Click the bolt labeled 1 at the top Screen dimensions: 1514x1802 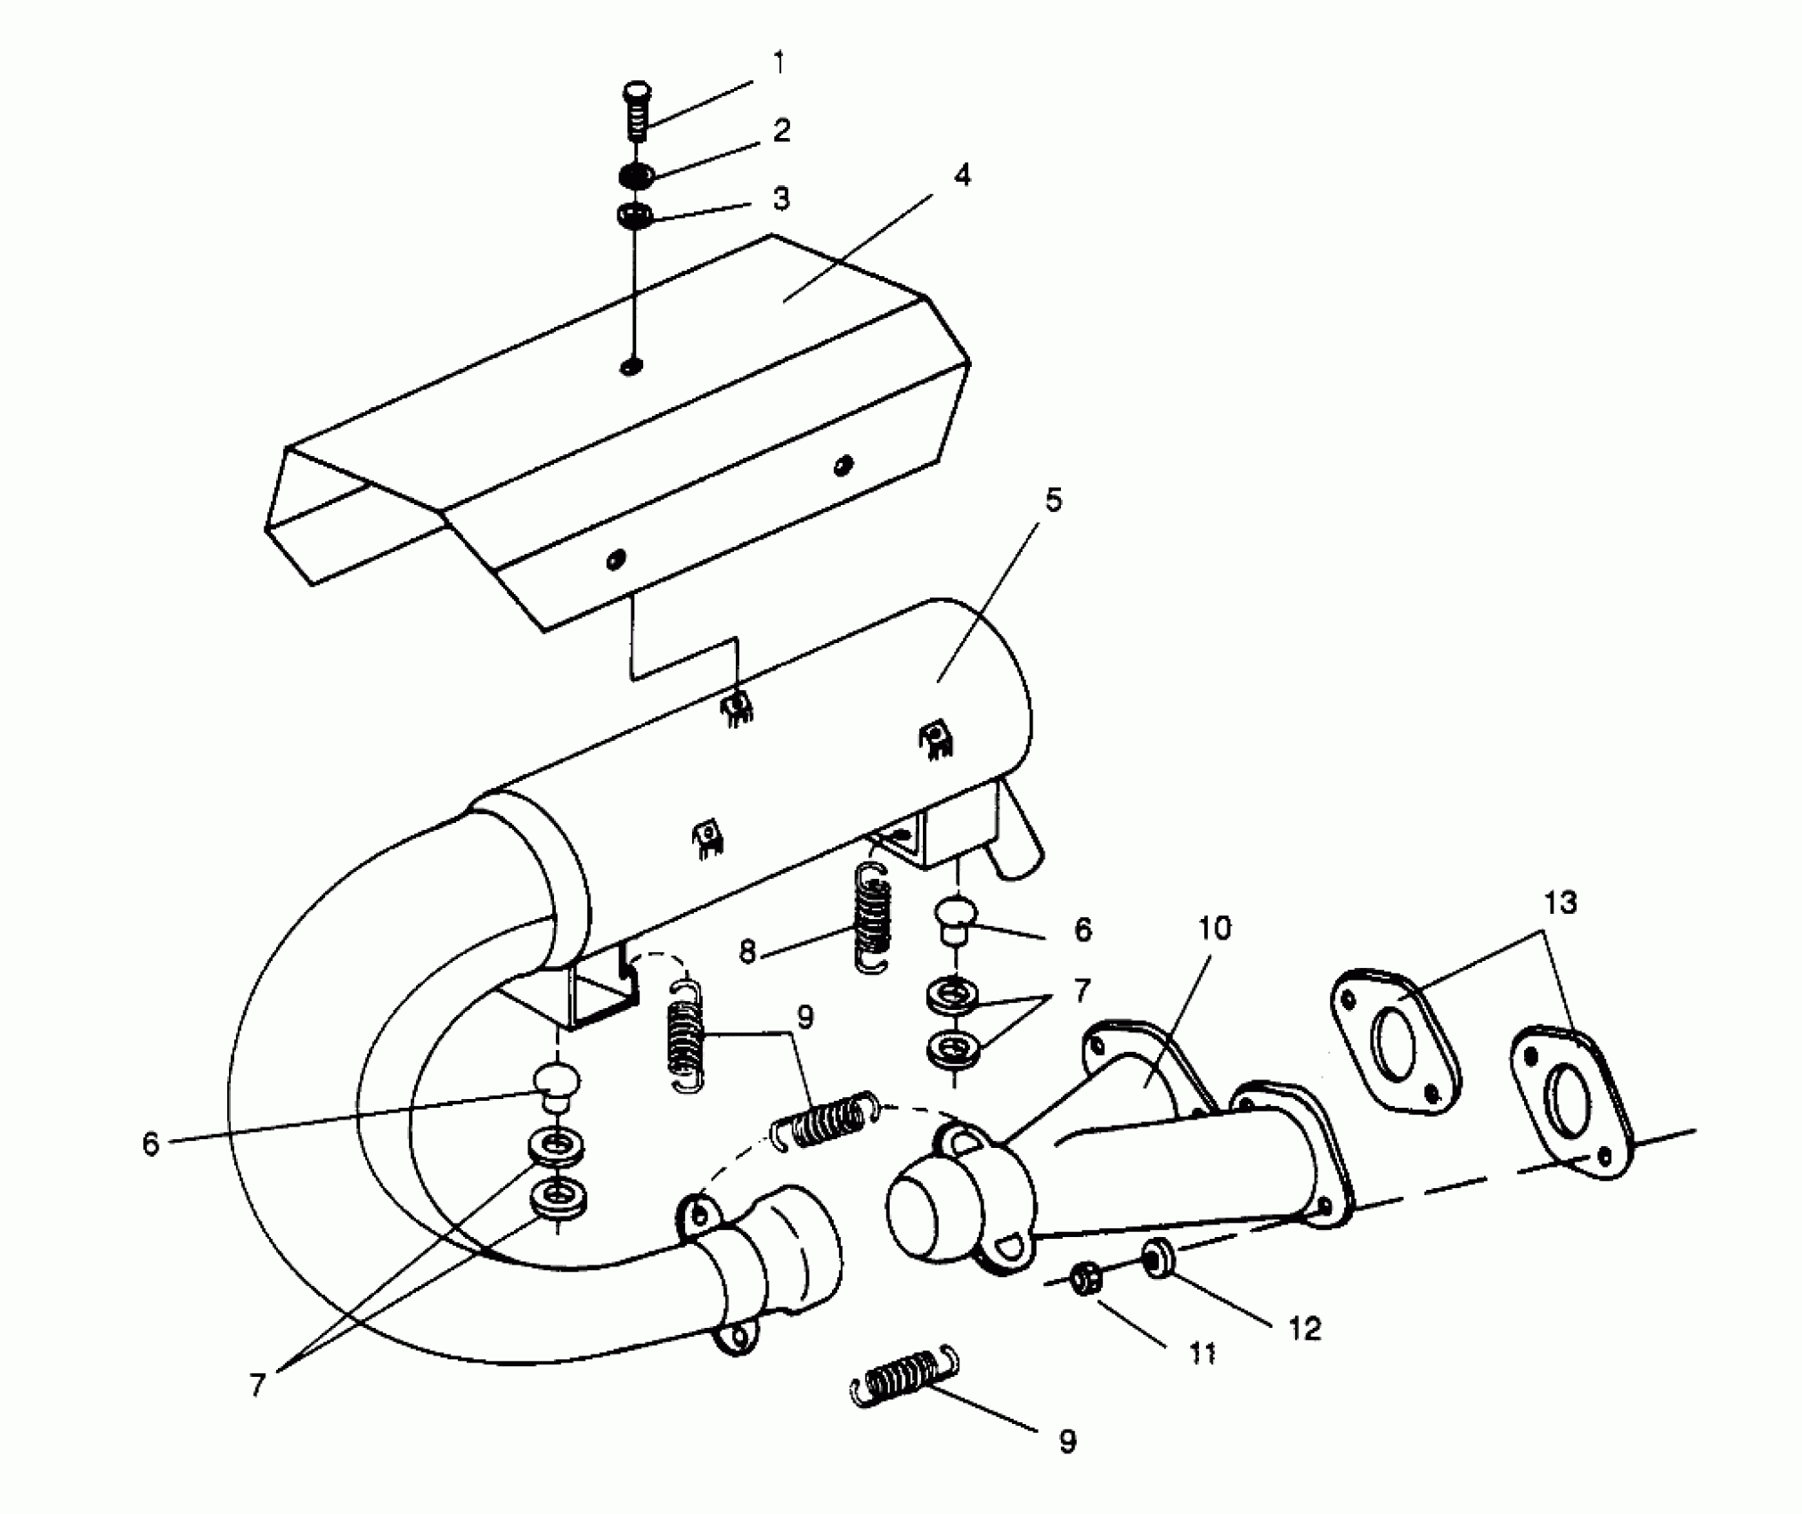pyautogui.click(x=635, y=110)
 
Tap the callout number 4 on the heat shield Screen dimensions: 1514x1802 pyautogui.click(x=961, y=175)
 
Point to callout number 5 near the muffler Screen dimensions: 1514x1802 pyautogui.click(x=1053, y=501)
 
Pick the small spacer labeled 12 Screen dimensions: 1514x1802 pyautogui.click(x=1156, y=1258)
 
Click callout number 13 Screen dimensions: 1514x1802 pyautogui.click(x=1561, y=903)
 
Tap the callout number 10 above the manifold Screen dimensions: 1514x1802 pyautogui.click(x=1215, y=928)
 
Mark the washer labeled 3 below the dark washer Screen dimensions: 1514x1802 pyautogui.click(x=634, y=216)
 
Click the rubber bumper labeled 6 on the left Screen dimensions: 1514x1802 pyautogui.click(x=556, y=1085)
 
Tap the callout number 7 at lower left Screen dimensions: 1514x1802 pyautogui.click(x=257, y=1385)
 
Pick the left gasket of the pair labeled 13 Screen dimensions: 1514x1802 pyautogui.click(x=1394, y=1039)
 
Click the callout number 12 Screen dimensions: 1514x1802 pyautogui.click(x=1304, y=1329)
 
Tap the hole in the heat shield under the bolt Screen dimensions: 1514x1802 pyautogui.click(x=632, y=366)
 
